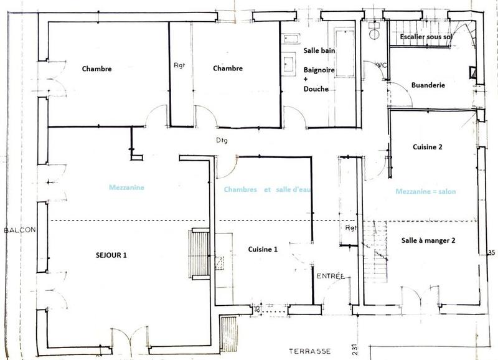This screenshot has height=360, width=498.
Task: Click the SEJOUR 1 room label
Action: click(115, 255)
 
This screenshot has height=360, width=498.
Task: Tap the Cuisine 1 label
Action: click(262, 249)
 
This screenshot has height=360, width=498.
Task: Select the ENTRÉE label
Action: click(327, 276)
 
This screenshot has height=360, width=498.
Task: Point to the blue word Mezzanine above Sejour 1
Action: click(126, 186)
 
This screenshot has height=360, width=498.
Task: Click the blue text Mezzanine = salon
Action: click(425, 191)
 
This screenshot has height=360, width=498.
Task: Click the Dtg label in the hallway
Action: click(222, 140)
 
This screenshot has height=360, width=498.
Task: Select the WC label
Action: click(381, 64)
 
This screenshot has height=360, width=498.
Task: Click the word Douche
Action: click(316, 89)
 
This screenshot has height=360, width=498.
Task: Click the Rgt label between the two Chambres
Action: click(180, 65)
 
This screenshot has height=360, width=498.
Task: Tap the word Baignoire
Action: click(319, 70)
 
